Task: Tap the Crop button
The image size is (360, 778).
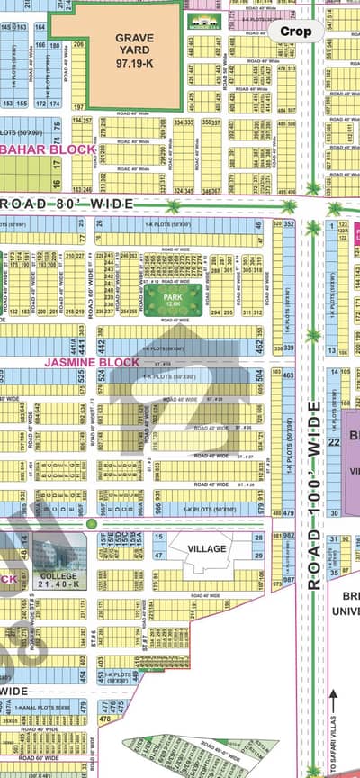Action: point(296,31)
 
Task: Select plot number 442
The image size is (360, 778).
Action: point(102,346)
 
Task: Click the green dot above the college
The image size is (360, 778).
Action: point(91,523)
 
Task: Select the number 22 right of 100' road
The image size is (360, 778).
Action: point(334,441)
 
